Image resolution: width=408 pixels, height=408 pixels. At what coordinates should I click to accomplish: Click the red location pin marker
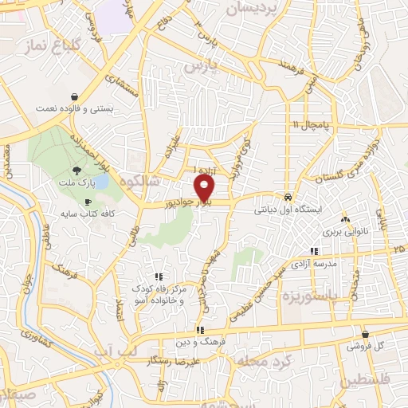click(x=205, y=188)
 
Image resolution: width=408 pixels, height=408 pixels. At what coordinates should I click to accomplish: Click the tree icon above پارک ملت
click(x=77, y=170)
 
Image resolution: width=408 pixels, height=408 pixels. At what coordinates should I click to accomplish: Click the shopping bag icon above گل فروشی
click(x=365, y=335)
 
